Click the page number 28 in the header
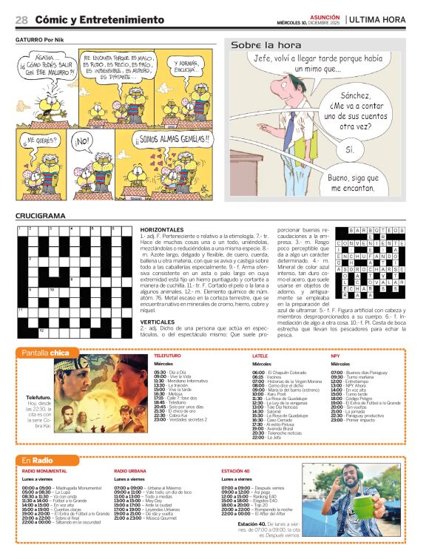point(21,20)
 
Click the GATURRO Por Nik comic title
point(38,40)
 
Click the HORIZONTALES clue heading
point(162,230)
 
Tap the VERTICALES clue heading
point(158,322)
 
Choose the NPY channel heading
point(335,356)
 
